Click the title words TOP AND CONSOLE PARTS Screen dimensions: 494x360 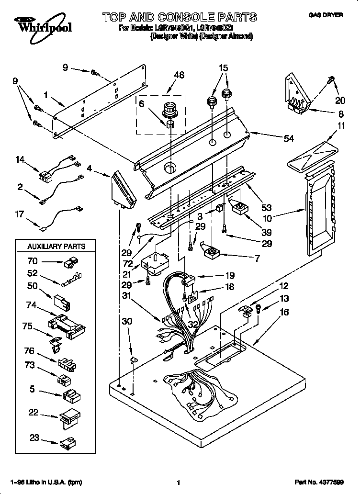(x=179, y=18)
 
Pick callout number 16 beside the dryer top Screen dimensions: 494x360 (x=284, y=312)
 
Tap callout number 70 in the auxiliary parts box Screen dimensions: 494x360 (x=33, y=261)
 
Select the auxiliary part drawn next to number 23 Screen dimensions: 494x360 (x=67, y=443)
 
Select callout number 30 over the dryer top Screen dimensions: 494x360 (x=126, y=322)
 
